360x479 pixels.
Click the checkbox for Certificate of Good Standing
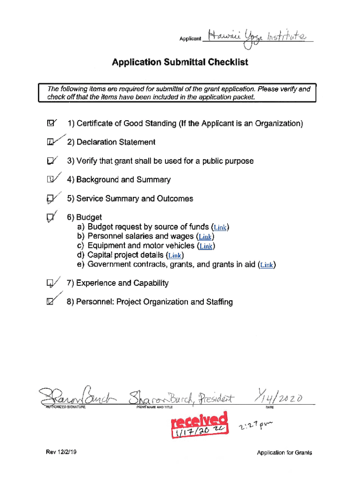point(50,124)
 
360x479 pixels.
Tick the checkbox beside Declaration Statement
point(50,142)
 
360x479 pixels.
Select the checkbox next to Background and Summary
point(50,180)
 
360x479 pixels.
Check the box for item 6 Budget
point(50,218)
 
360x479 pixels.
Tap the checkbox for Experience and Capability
point(50,283)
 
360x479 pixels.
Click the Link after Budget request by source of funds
point(220,228)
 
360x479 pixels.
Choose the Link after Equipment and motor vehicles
point(206,246)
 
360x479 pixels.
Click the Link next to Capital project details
point(175,255)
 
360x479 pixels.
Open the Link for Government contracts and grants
point(266,265)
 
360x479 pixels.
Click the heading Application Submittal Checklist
point(180,62)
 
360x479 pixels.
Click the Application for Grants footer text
point(284,452)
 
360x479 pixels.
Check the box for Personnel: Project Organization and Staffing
point(50,302)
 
